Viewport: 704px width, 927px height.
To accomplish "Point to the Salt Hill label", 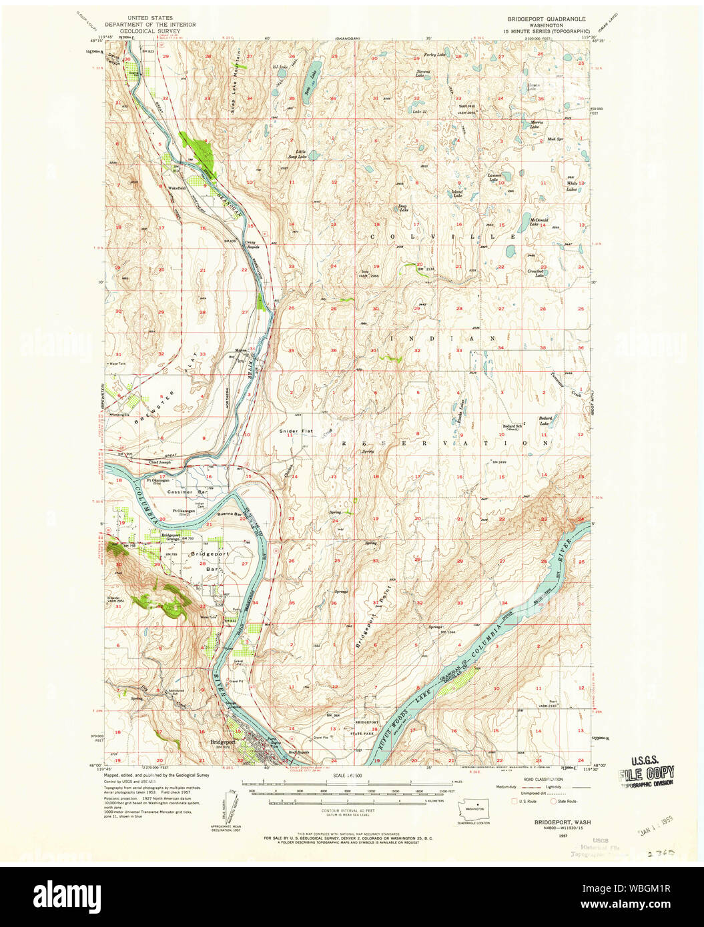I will tap(466, 106).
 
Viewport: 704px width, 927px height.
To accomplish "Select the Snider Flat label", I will tap(296, 431).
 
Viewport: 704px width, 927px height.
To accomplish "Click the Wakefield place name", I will tap(177, 188).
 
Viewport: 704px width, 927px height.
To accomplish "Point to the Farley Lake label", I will tap(436, 54).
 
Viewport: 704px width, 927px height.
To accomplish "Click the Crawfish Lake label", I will tap(536, 273).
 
